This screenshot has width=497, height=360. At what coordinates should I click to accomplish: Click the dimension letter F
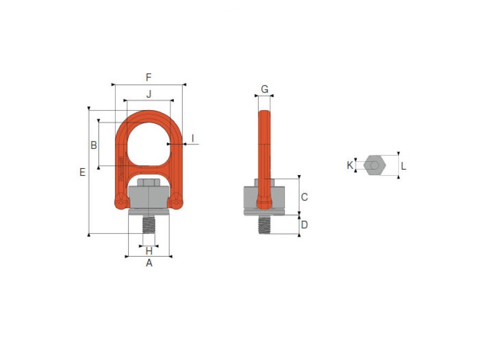tap(148, 77)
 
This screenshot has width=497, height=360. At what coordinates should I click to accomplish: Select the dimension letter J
tap(149, 94)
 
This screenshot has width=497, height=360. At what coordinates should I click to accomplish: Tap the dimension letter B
tap(93, 145)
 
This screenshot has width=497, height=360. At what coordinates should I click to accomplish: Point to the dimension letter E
tap(83, 172)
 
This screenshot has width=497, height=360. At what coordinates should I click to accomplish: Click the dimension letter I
tap(193, 138)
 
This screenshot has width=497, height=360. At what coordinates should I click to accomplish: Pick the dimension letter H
tap(149, 251)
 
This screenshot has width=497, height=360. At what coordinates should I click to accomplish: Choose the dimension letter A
tap(149, 263)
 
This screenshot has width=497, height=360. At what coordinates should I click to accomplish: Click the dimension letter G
tap(264, 89)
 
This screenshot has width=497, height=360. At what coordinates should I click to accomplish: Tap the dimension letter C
tap(304, 197)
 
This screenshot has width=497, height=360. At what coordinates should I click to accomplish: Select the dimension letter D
tap(304, 225)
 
